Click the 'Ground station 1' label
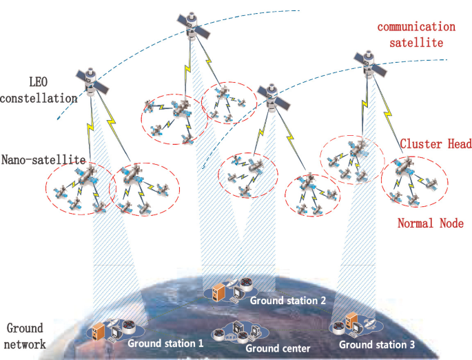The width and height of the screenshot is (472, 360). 165,342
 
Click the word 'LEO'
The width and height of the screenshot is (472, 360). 40,81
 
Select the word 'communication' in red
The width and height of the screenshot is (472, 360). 415,27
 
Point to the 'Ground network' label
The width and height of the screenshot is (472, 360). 24,335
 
